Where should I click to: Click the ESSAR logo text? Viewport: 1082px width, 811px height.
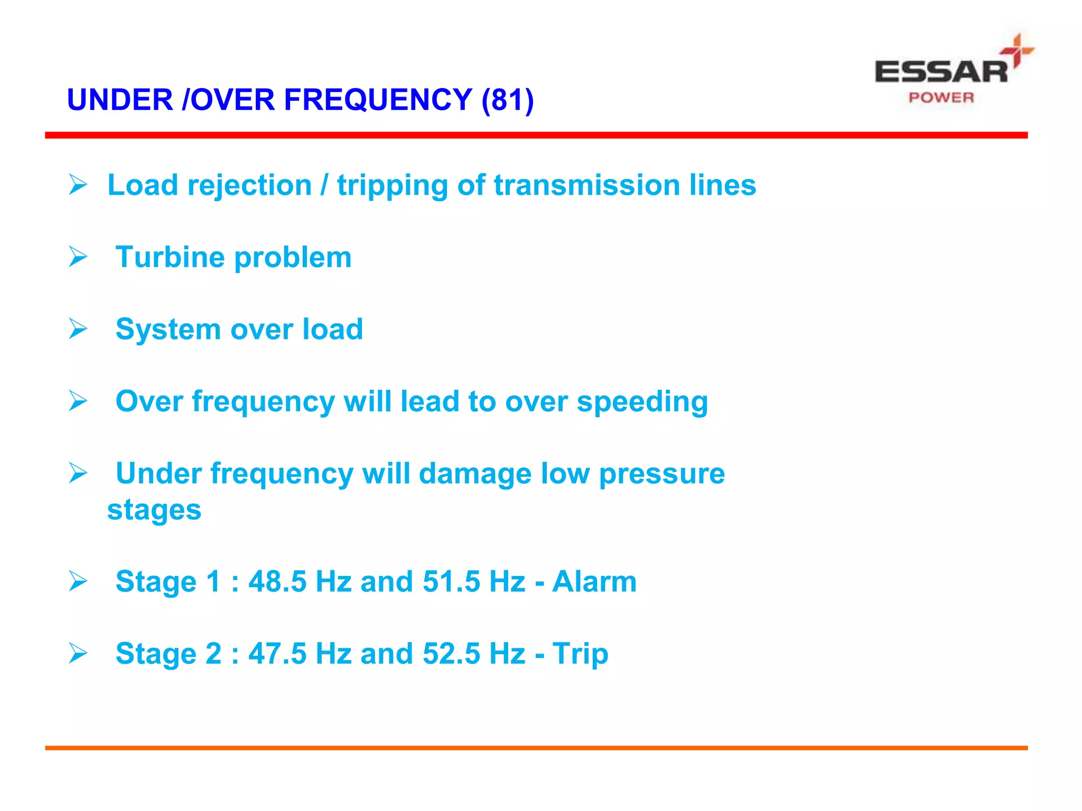coord(941,72)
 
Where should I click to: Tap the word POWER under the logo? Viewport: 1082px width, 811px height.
coord(941,98)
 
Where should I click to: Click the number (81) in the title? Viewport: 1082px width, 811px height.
coord(508,100)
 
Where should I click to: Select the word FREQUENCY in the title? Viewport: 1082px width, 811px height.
coord(378,100)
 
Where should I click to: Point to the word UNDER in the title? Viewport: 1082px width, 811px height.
coord(120,100)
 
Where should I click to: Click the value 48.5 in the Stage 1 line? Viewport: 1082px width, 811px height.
coord(277,581)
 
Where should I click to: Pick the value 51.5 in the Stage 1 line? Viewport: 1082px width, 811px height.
coord(451,581)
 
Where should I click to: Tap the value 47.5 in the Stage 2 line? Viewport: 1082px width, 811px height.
coord(277,654)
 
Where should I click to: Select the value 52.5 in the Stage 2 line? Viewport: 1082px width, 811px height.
coord(451,654)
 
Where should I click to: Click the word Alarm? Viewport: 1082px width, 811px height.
coord(594,581)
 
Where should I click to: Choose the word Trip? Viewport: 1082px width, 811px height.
coord(580,654)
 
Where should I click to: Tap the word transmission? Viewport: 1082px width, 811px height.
coord(586,185)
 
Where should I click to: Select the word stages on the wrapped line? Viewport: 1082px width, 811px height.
coord(154,511)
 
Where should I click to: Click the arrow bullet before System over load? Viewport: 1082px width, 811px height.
coord(78,329)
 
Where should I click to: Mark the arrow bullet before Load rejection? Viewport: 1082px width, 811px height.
coord(78,185)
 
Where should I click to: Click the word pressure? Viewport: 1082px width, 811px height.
coord(661,474)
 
